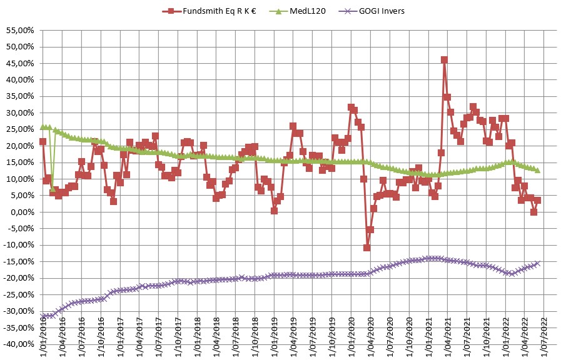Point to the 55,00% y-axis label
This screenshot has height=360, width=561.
[21, 30]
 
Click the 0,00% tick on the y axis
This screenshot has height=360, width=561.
[23, 212]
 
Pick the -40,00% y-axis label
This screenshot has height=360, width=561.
[19, 344]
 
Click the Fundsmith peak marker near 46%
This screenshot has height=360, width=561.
[444, 60]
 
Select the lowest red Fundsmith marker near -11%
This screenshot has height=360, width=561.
[366, 247]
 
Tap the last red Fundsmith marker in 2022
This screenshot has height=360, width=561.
[537, 201]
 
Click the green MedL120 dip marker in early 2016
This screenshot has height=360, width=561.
[53, 189]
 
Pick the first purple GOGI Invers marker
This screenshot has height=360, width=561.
[43, 316]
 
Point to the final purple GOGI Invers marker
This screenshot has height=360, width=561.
[537, 264]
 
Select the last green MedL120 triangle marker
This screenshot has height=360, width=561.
[537, 170]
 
